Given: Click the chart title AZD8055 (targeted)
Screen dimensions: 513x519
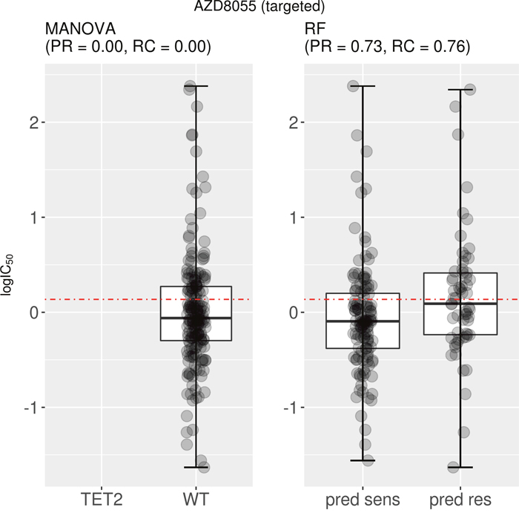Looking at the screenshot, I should click(259, 9).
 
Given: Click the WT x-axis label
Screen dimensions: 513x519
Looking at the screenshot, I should click(196, 498).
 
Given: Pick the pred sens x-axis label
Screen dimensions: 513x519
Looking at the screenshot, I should click(363, 498).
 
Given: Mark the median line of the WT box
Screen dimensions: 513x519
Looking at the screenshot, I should click(196, 318).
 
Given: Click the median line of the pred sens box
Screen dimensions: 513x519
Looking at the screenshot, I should click(363, 321).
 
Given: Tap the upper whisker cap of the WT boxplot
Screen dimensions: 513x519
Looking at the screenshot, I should click(196, 86).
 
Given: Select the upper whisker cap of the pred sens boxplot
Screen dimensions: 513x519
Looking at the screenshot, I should click(363, 86).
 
